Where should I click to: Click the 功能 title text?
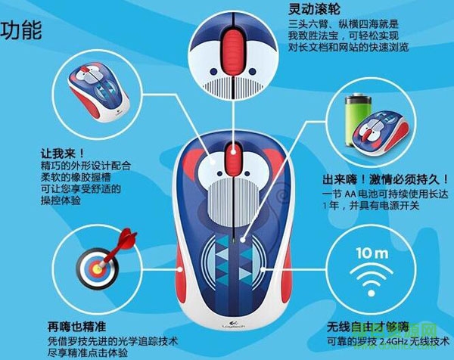click(20, 32)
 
